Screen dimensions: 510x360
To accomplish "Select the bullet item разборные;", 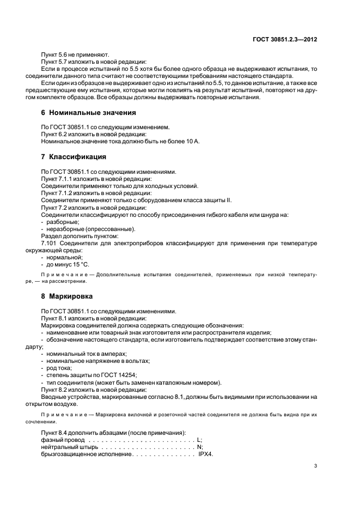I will click(63, 222).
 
